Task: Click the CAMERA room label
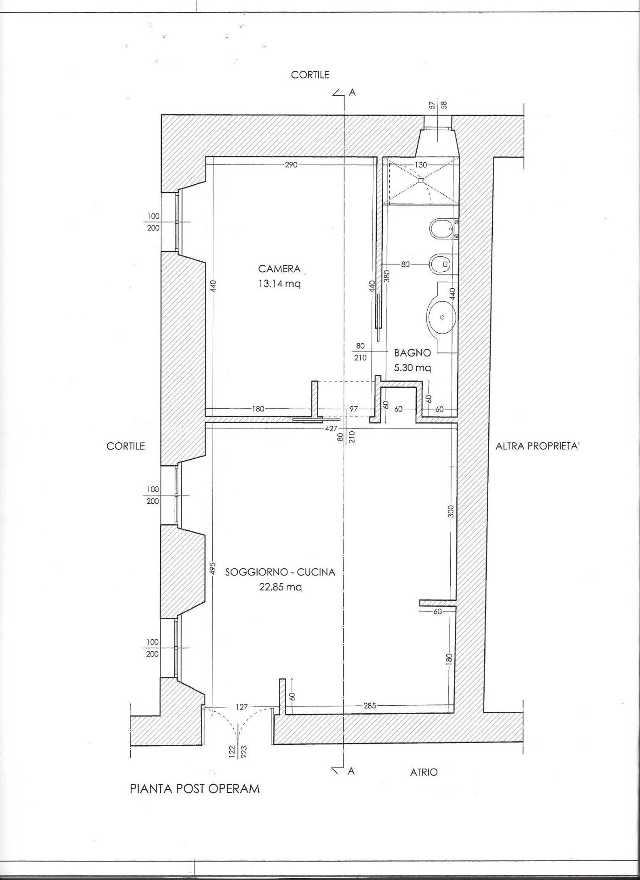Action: tap(279, 269)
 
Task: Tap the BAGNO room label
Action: tap(413, 353)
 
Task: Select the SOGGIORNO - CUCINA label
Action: tap(280, 572)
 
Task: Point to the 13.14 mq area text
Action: tap(279, 283)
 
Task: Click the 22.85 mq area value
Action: tap(280, 587)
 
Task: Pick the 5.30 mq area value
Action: tap(413, 368)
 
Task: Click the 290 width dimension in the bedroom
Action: tap(291, 165)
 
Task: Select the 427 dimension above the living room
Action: tap(331, 428)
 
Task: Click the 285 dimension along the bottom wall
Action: tap(370, 705)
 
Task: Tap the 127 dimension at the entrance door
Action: tap(242, 707)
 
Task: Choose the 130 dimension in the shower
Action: tap(421, 165)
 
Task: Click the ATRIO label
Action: tap(424, 772)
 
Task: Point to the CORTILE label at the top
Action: tap(310, 75)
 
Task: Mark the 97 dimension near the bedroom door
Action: tap(353, 409)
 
